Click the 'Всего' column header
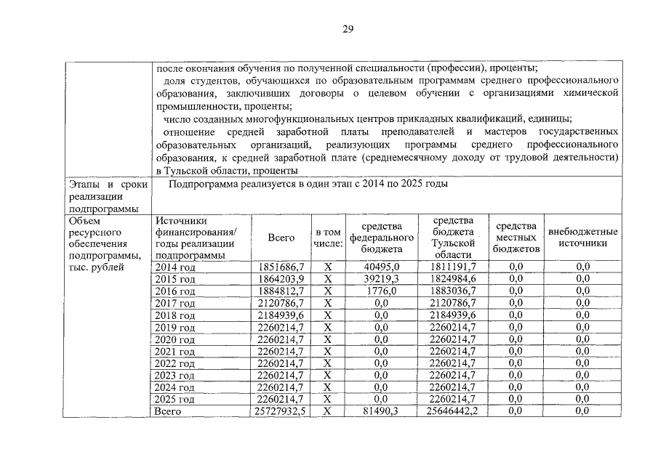tap(281, 238)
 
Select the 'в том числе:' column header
tap(327, 238)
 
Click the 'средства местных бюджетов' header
tap(515, 238)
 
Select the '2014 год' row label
tap(175, 267)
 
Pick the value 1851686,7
tap(281, 267)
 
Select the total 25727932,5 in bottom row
tap(280, 411)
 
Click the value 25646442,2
tap(452, 411)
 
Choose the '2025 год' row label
tap(175, 400)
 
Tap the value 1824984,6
tap(452, 279)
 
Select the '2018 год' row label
tap(175, 315)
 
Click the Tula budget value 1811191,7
tap(452, 267)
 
